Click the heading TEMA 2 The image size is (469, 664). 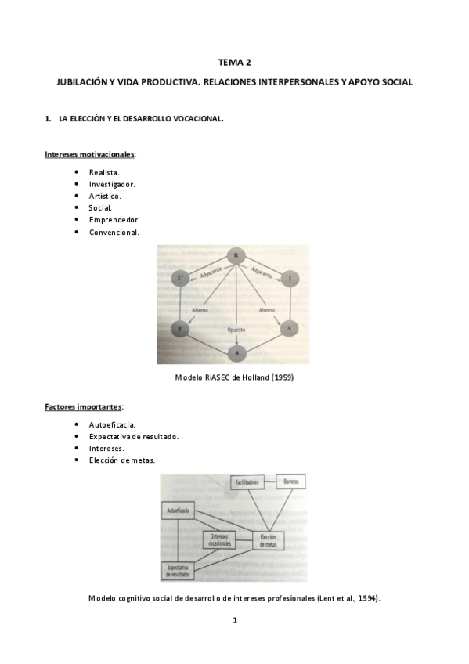[x=234, y=62]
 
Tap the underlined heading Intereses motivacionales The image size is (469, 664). [x=89, y=154]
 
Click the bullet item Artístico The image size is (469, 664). [x=105, y=196]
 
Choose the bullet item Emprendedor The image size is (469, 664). [x=114, y=220]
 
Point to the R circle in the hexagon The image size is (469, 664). [x=236, y=255]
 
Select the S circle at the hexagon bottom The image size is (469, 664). [x=236, y=353]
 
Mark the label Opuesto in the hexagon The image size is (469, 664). [x=236, y=330]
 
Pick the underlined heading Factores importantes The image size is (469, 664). [x=83, y=407]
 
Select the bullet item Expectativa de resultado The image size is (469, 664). [x=134, y=436]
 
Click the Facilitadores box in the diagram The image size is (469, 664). [x=247, y=482]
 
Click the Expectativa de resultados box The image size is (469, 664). [x=179, y=572]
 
